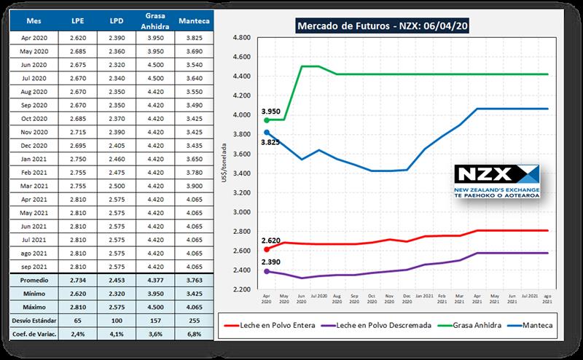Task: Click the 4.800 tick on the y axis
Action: (240, 37)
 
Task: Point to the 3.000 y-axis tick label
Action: (240, 212)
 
